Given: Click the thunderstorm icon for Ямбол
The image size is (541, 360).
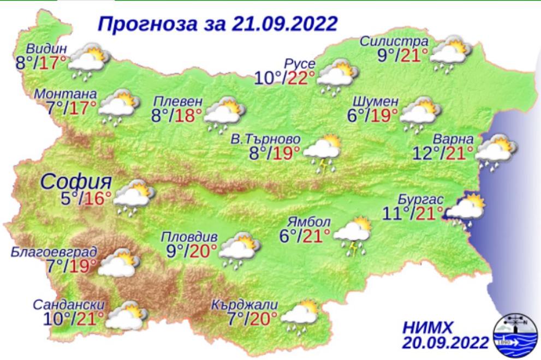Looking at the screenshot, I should click(352, 236).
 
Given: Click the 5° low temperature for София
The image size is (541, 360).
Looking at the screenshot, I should click(67, 198).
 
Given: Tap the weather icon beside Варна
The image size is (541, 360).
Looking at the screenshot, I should click(496, 152).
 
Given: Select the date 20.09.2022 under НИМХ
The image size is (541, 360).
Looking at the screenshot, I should click(445, 343).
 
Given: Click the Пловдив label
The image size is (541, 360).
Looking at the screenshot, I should click(189, 238).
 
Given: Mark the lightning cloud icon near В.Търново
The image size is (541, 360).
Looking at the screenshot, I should click(323, 152).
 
